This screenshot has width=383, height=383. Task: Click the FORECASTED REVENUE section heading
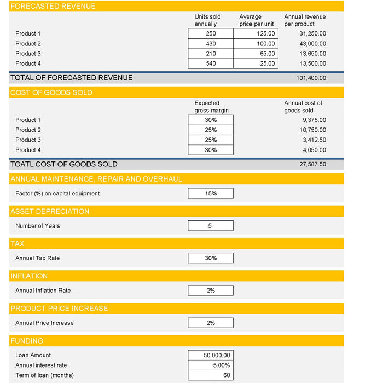point(53,7)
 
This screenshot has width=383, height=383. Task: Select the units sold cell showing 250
point(211,34)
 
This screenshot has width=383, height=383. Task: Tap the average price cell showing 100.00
point(256,44)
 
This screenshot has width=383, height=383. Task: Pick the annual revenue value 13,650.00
point(312,54)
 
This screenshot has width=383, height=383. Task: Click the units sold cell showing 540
point(211,63)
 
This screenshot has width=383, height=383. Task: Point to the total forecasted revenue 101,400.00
point(311,78)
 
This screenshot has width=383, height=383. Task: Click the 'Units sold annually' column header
point(207,20)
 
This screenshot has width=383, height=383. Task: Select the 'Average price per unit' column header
point(256,20)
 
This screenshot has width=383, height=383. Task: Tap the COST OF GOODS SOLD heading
point(51,92)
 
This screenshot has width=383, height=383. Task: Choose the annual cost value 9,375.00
point(314,120)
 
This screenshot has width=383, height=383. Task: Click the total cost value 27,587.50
point(312,164)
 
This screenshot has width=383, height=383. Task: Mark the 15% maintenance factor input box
point(211,193)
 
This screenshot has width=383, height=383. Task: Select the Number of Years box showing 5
point(211,225)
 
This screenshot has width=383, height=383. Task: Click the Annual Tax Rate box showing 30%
point(211,258)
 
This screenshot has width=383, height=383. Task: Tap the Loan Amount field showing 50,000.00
point(211,355)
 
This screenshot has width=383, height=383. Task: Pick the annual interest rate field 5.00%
point(211,365)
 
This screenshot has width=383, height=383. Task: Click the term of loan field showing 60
point(211,375)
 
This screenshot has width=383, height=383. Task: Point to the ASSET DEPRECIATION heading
point(50,211)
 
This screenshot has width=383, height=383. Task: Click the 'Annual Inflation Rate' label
point(43,291)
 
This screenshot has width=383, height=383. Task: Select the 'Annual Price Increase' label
point(44,323)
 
